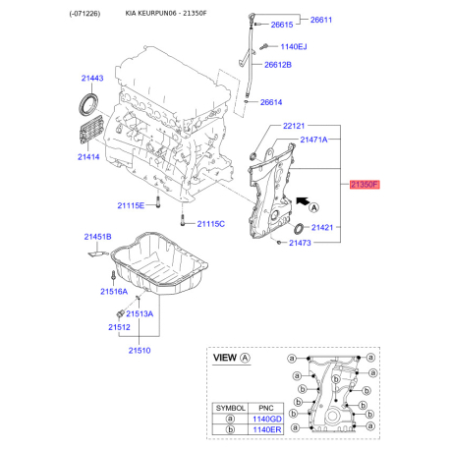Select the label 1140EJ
294,46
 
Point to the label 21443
92,78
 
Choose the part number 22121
296,126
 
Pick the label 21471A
317,141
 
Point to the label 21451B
97,237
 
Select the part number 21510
141,349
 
